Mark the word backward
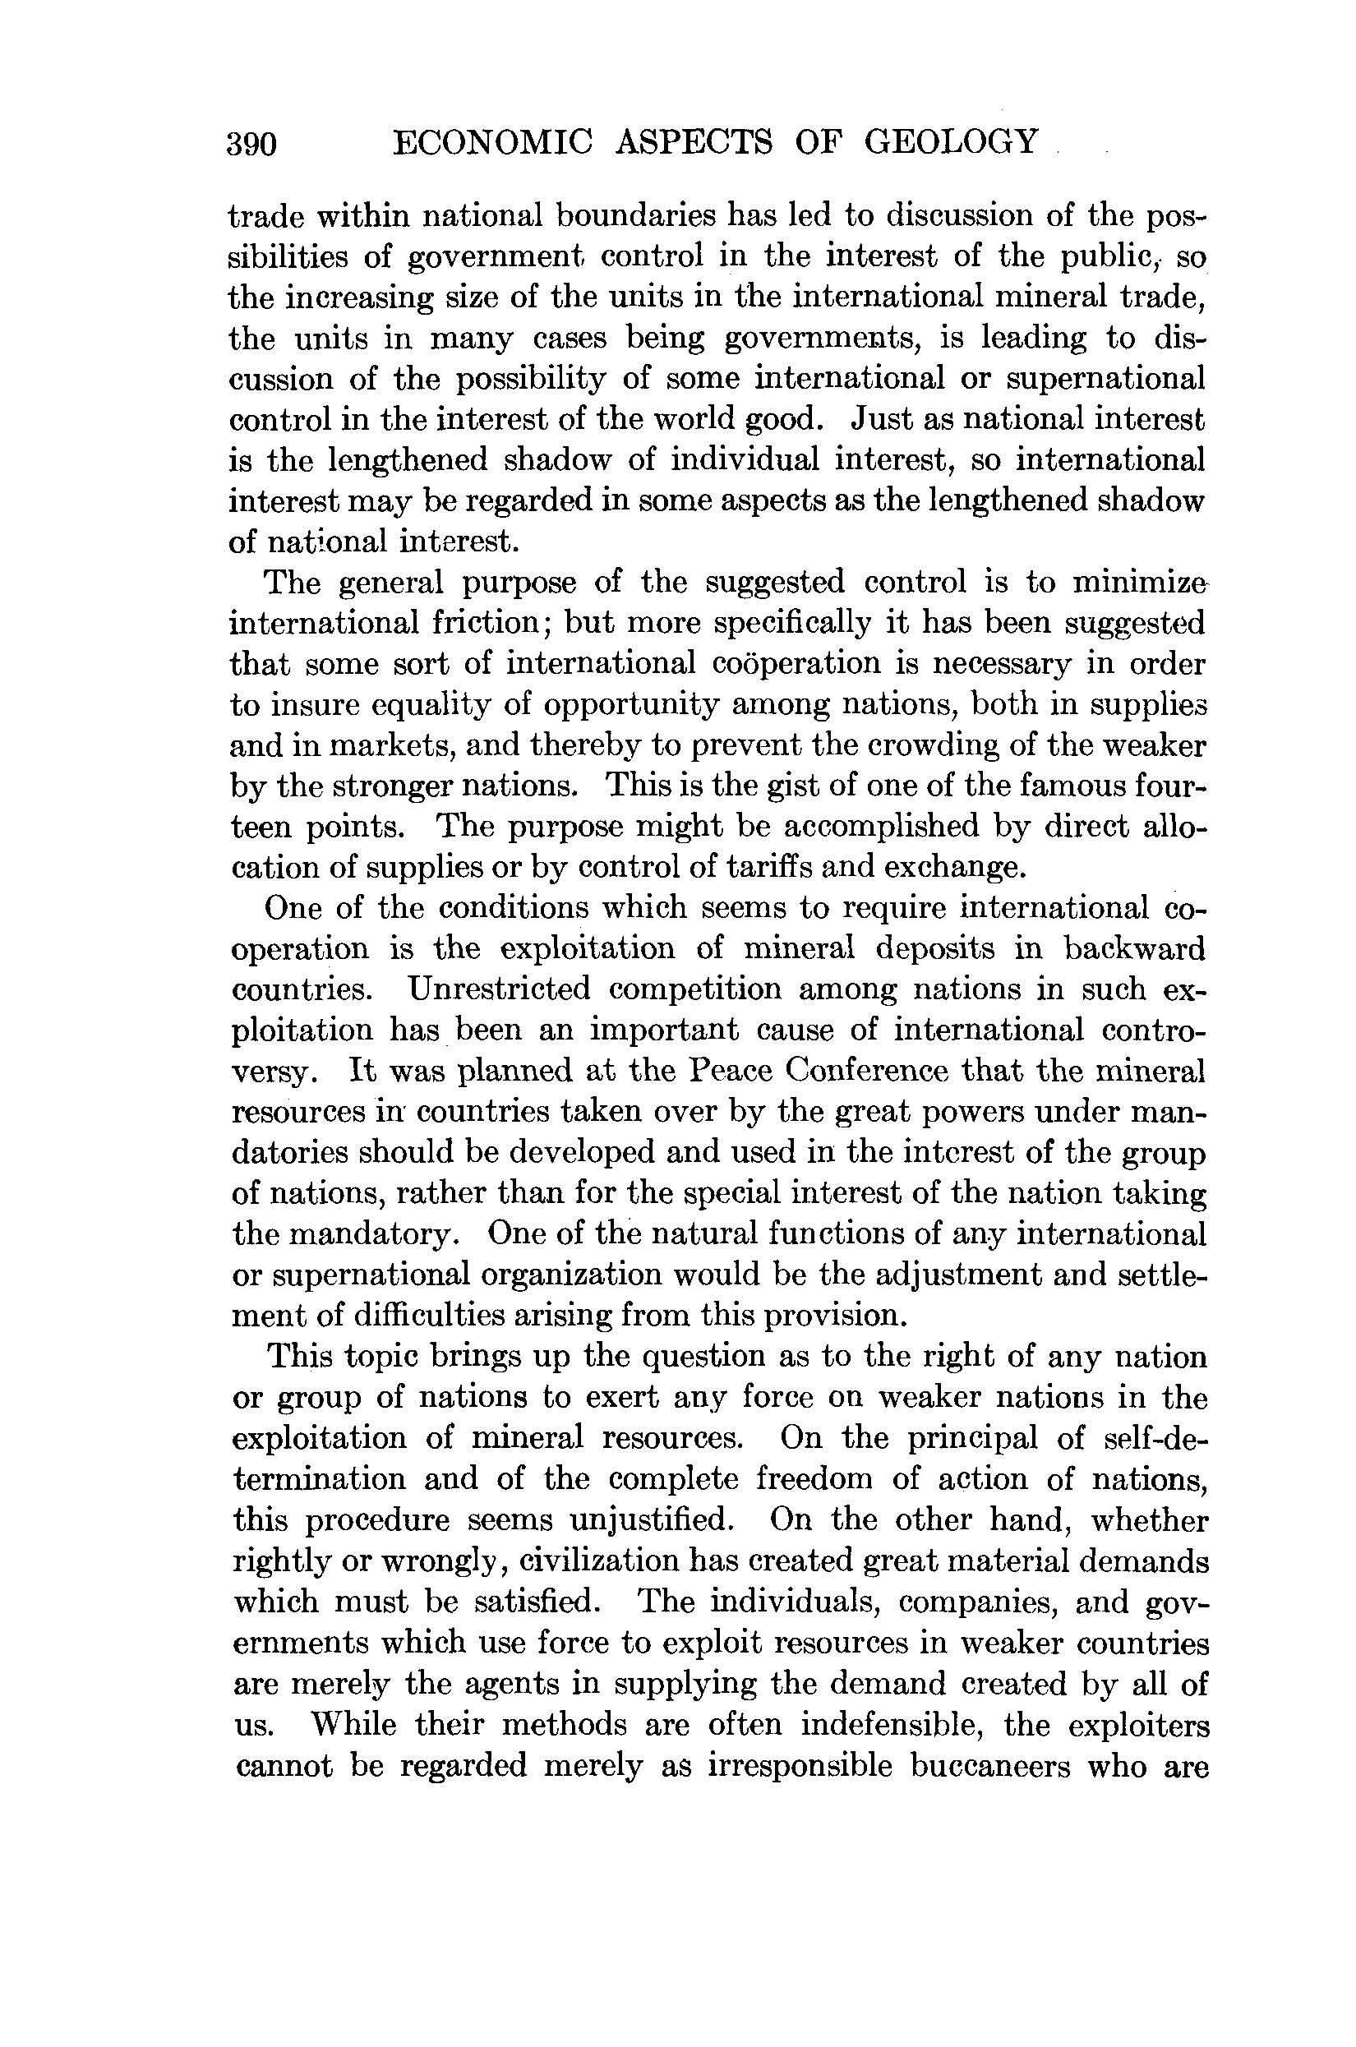coord(1135,948)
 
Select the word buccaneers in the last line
coord(989,1765)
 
